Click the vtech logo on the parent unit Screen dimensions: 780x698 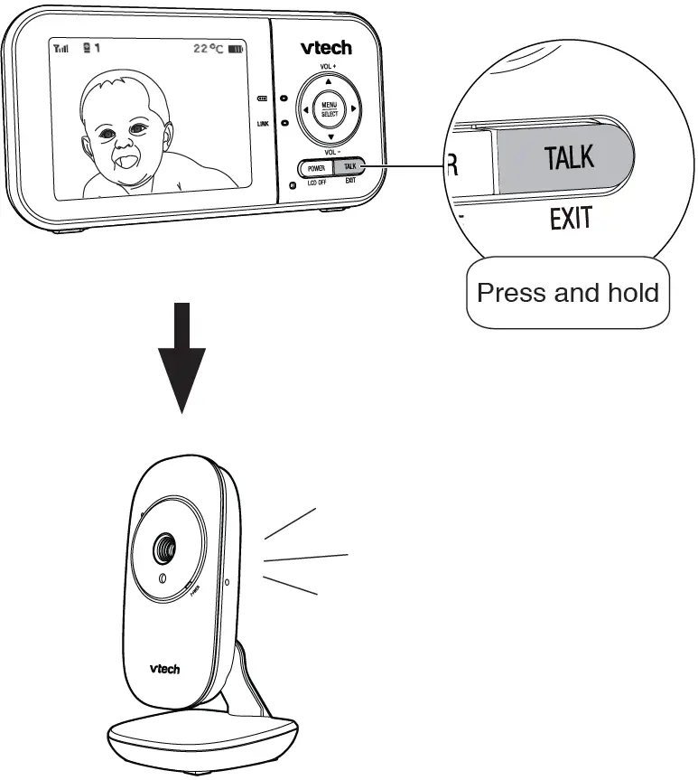(x=326, y=47)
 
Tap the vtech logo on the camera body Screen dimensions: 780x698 (x=164, y=669)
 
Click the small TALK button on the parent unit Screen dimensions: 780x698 (x=350, y=167)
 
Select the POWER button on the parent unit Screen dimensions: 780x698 (x=316, y=167)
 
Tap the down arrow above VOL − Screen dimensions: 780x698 (x=330, y=137)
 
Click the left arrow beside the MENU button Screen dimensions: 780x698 (x=304, y=109)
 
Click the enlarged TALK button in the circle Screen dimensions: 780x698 (x=569, y=158)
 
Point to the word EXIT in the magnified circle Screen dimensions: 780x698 (x=571, y=219)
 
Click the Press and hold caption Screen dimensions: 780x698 (x=568, y=293)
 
